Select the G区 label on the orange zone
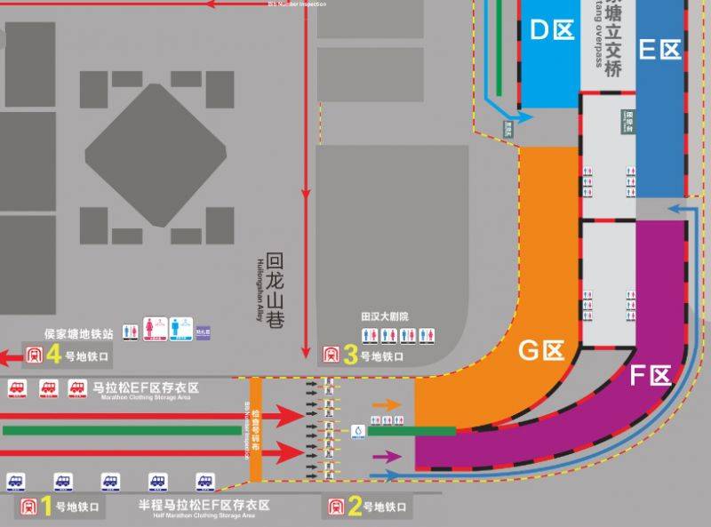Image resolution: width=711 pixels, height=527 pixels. point(541,351)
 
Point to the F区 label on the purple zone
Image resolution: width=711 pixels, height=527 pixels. point(649,377)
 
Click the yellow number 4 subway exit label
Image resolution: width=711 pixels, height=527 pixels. point(53,355)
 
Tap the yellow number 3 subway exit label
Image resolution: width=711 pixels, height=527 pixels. point(351,355)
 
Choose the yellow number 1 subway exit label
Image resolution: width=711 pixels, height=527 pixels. point(46,507)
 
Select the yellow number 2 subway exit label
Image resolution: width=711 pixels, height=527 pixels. point(355,507)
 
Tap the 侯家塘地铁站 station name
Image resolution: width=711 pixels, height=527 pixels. point(79,335)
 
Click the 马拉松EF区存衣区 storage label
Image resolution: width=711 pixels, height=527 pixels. point(145,388)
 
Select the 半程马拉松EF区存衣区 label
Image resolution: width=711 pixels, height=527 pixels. point(204,505)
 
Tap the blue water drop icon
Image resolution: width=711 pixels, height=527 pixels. point(358,431)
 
